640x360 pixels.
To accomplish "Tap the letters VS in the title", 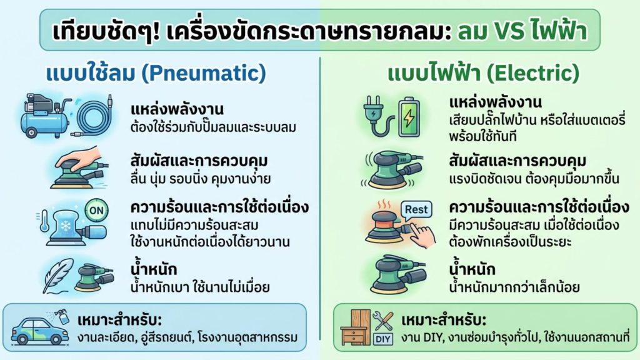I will (509, 29).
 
